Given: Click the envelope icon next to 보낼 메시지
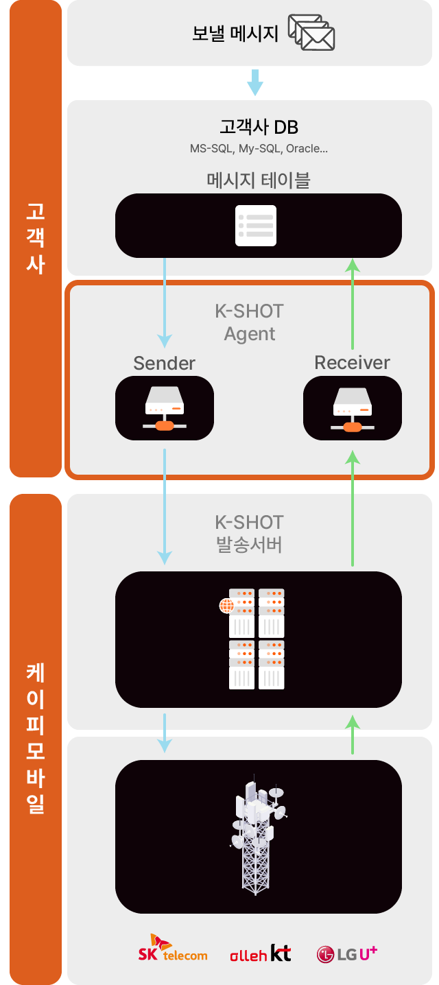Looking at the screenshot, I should tap(311, 32).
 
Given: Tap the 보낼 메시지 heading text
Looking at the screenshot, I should tap(235, 34).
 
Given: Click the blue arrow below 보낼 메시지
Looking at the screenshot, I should tap(254, 82).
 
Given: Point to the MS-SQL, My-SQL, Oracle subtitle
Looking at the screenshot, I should tap(259, 148).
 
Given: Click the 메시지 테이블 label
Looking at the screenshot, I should tap(259, 180).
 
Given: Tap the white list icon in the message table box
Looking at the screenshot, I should tap(256, 225).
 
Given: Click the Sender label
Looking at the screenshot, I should tap(164, 363).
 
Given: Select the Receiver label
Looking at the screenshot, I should tap(352, 362).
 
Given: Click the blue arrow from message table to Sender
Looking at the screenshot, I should tap(165, 302).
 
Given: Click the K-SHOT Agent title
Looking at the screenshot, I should tap(249, 322).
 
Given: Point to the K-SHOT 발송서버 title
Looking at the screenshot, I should tap(249, 534).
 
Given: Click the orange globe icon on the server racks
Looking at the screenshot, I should tap(226, 606).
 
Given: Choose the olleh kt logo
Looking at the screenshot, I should tap(261, 953).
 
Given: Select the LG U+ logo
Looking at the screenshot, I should tap(347, 953).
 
